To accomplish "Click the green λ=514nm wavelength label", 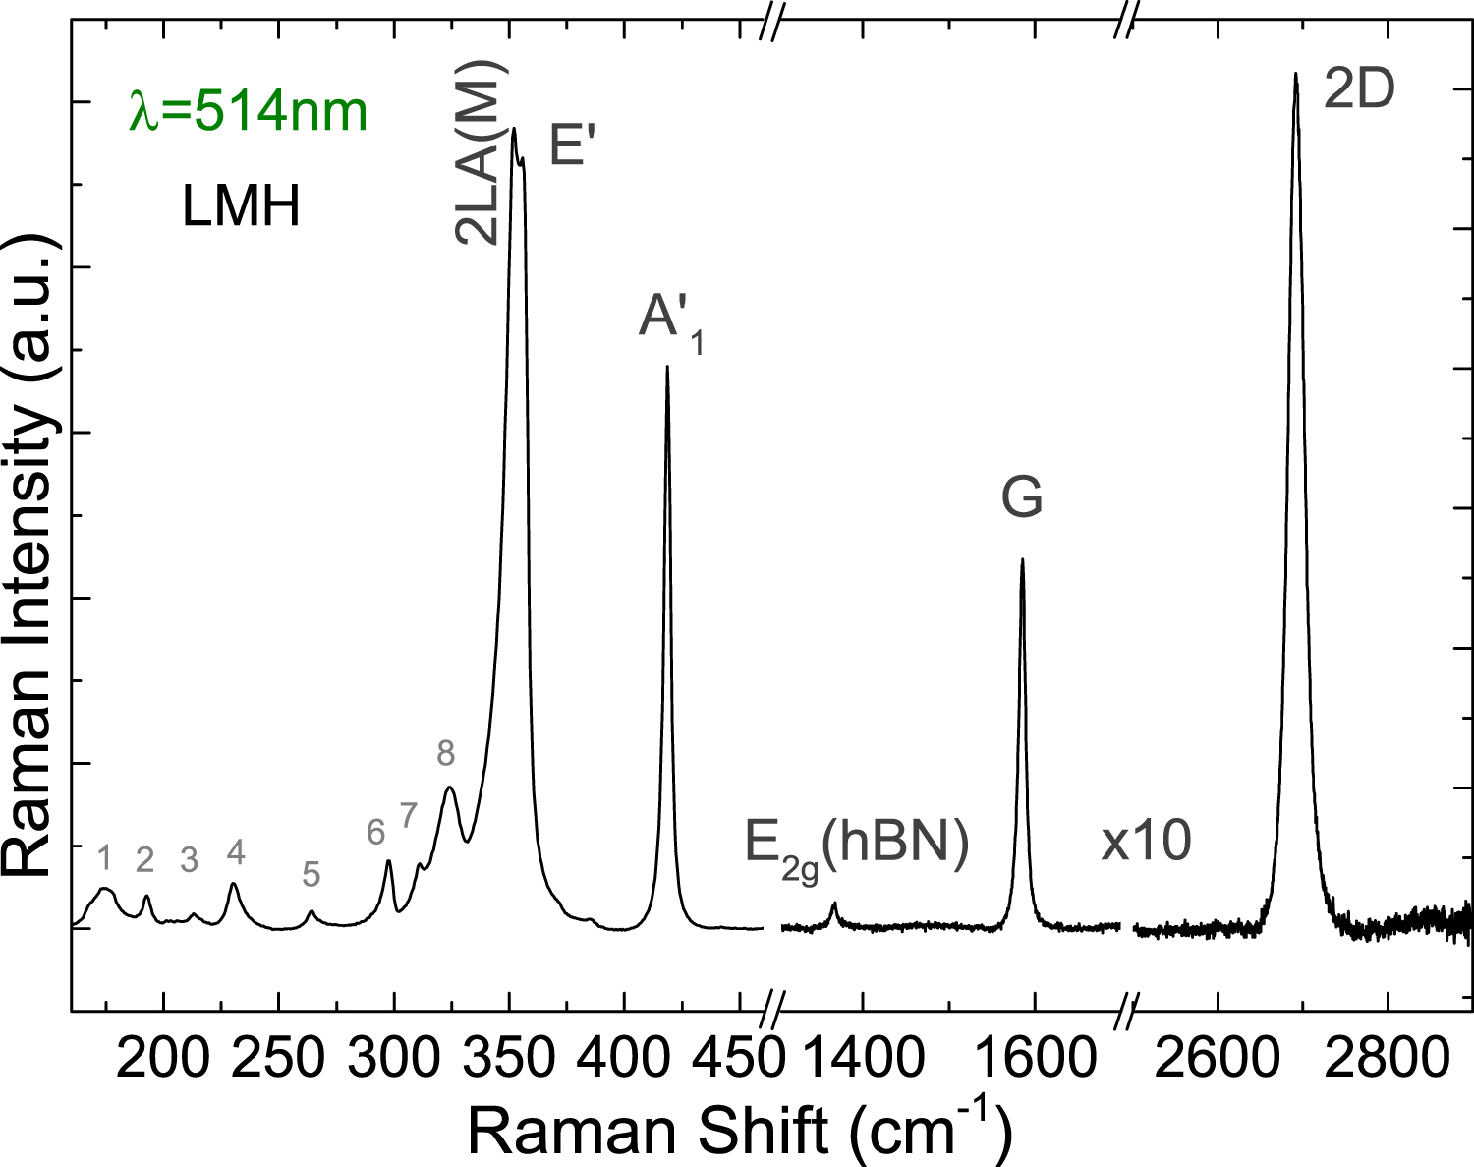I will [x=249, y=111].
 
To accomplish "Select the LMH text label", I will [x=241, y=207].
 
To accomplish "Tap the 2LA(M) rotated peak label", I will [x=480, y=151].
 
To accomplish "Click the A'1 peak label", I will [x=669, y=321].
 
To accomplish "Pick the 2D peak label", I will [x=1359, y=90].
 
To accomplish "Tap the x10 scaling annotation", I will [x=1146, y=842].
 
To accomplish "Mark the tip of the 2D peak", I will [x=1295, y=74].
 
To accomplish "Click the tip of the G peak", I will [x=1022, y=560].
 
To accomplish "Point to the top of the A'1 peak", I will [x=667, y=368].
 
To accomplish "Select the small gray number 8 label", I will [x=446, y=753].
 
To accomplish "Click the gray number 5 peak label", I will [x=311, y=873].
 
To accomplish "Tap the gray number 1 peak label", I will [x=106, y=858].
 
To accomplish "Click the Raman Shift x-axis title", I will [x=739, y=1131].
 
